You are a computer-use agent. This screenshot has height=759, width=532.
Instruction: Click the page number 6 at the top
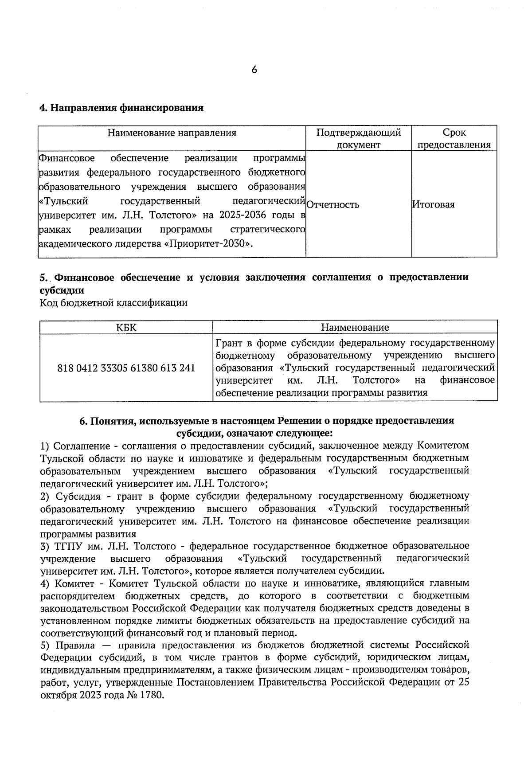(x=254, y=70)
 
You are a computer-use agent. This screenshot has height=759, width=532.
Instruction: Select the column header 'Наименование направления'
(x=172, y=133)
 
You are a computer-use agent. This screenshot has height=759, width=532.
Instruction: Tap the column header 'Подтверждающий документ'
(x=358, y=138)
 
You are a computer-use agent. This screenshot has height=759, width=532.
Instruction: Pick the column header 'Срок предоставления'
(x=454, y=138)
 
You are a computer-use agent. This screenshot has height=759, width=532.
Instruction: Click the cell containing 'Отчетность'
(x=332, y=205)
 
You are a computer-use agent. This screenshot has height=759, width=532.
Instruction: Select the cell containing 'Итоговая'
(x=433, y=205)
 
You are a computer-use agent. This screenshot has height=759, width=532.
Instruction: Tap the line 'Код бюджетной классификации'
(x=113, y=303)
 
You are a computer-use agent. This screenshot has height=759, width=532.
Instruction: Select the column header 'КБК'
(x=126, y=328)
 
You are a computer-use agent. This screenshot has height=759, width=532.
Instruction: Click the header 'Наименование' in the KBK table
(x=355, y=328)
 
